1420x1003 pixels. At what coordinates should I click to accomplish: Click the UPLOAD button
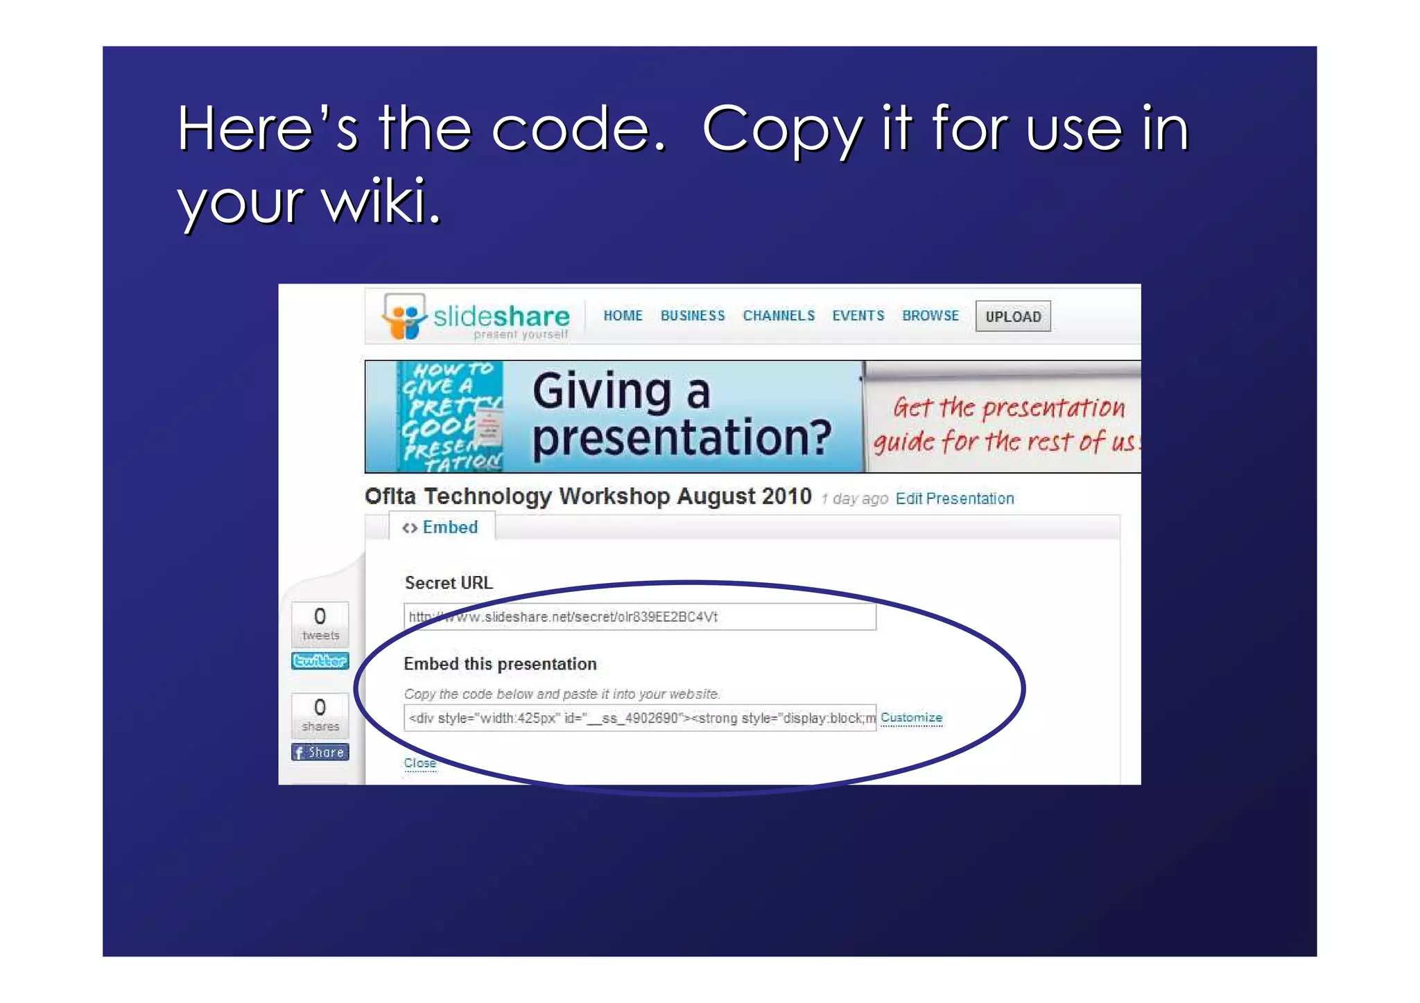[x=1012, y=317]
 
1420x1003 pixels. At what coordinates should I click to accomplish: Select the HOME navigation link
[x=623, y=316]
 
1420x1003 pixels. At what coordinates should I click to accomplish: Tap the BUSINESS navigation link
[x=692, y=316]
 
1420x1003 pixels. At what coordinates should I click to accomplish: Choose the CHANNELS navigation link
[x=779, y=316]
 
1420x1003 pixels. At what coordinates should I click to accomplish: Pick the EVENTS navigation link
[x=858, y=316]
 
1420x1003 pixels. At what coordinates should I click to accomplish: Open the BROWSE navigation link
[x=930, y=316]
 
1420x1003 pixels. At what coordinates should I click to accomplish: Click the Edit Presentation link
[x=954, y=499]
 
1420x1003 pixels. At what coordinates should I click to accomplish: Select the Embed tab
[x=442, y=527]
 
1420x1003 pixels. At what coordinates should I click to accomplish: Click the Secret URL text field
[x=639, y=617]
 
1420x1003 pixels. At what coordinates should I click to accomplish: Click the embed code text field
[x=639, y=718]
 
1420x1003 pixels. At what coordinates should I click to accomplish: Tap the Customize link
[x=911, y=718]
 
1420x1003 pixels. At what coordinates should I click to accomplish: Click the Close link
[x=420, y=763]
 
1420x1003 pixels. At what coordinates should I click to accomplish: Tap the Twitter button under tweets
[x=320, y=661]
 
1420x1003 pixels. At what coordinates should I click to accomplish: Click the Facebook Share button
[x=320, y=753]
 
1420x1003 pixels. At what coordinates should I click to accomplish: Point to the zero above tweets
[x=320, y=616]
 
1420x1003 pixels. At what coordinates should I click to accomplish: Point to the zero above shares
[x=320, y=707]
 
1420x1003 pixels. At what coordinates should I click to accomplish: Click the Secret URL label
[x=449, y=583]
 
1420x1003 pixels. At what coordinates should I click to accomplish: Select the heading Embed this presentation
[x=500, y=664]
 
